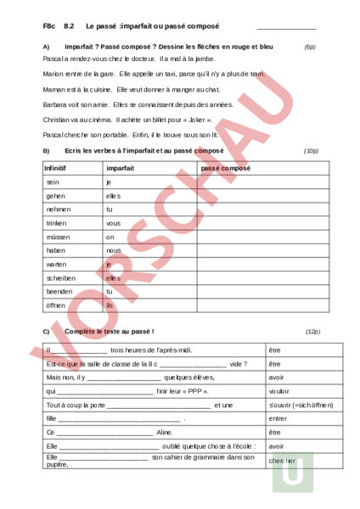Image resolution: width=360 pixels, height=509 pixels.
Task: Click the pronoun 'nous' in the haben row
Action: pos(114,250)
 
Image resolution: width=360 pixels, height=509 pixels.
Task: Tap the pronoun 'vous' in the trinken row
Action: pos(114,223)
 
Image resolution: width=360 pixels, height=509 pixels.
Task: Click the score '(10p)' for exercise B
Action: pos(311,150)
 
